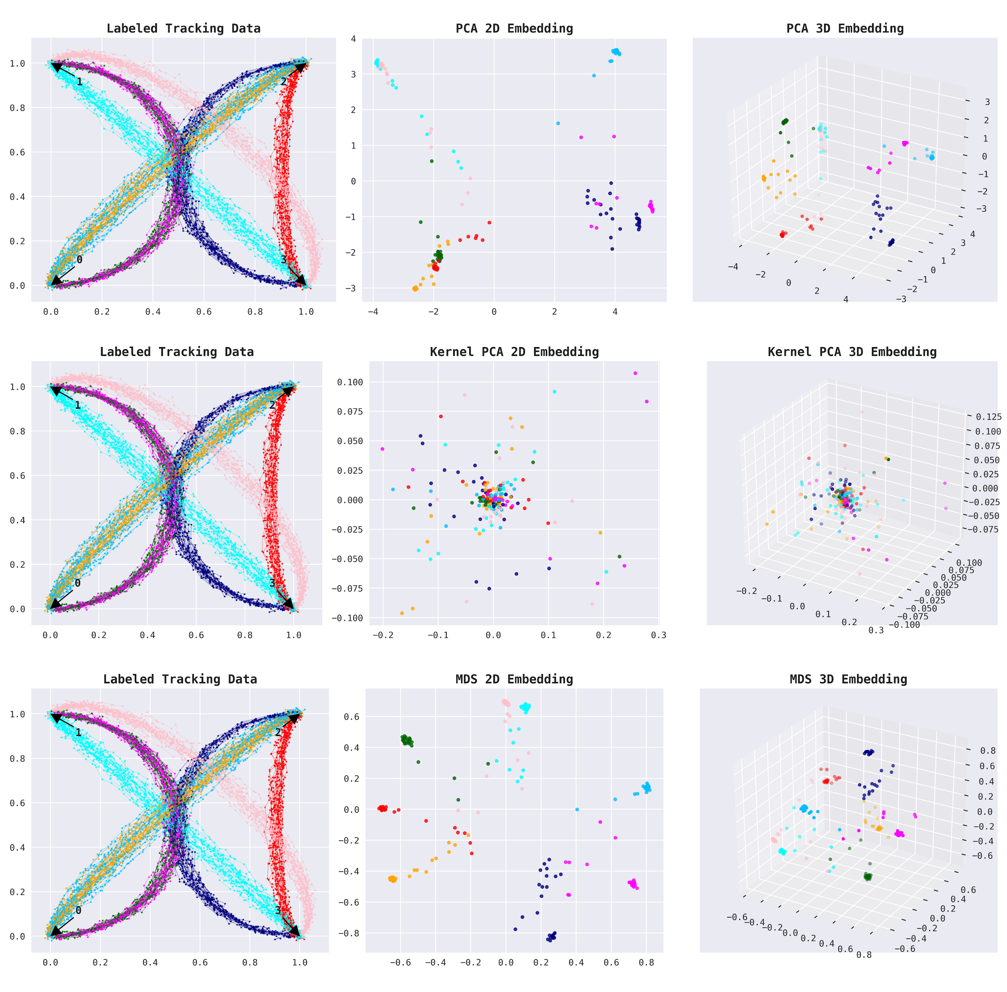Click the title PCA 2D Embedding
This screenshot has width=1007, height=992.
click(x=514, y=28)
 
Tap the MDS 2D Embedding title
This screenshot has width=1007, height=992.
click(x=514, y=679)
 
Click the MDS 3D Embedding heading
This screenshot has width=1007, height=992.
click(x=848, y=679)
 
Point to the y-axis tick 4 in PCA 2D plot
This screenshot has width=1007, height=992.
click(x=354, y=39)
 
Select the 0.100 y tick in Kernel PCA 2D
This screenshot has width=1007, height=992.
click(x=350, y=383)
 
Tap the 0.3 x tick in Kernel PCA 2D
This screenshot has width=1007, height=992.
click(x=658, y=635)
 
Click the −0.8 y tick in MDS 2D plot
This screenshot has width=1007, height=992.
click(x=348, y=933)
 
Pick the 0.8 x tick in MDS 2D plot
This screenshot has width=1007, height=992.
click(x=646, y=963)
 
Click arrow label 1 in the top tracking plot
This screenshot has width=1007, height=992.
click(x=79, y=82)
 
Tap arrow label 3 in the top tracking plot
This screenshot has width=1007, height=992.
click(x=283, y=259)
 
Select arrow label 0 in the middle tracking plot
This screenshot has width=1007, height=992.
click(x=78, y=583)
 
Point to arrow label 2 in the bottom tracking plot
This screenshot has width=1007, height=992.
click(x=278, y=732)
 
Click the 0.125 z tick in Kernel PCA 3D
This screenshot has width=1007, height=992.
click(x=988, y=417)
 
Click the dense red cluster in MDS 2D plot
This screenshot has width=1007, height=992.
click(x=383, y=809)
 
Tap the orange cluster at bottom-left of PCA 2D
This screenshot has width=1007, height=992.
click(x=415, y=288)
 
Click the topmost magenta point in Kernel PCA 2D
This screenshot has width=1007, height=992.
click(x=635, y=373)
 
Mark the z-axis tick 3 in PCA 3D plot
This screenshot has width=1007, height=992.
click(x=987, y=102)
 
